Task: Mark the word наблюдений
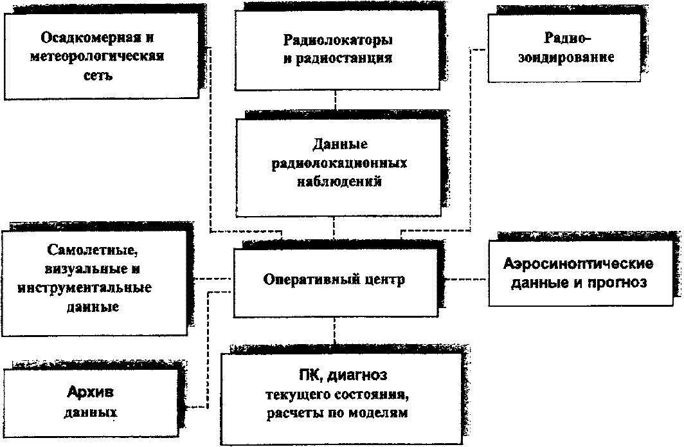(340, 181)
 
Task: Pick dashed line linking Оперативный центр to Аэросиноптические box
(466, 279)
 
